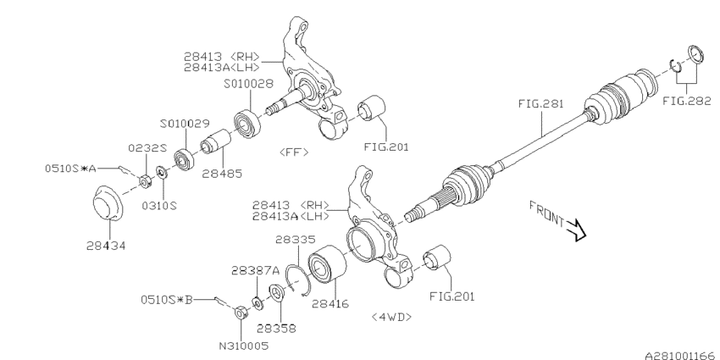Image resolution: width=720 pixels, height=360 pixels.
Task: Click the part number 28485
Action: click(x=220, y=173)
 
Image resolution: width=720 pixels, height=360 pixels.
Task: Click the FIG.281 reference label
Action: click(x=540, y=104)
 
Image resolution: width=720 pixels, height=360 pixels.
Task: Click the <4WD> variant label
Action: click(x=390, y=316)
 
